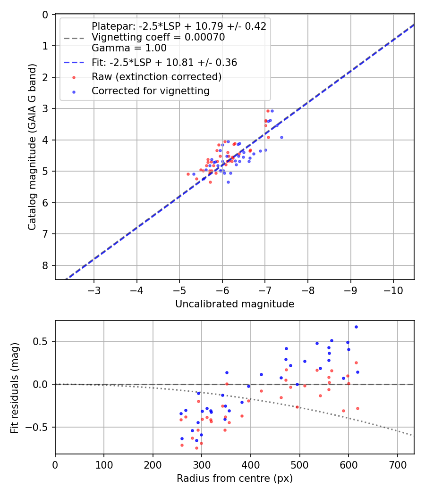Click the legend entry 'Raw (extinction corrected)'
(x=156, y=76)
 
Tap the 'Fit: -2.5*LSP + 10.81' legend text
(x=164, y=62)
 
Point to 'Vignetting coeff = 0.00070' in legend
(x=158, y=37)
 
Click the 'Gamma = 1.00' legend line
(x=129, y=48)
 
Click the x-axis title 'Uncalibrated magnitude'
(x=235, y=304)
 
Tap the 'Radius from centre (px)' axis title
(x=235, y=478)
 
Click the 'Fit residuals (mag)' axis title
(x=15, y=387)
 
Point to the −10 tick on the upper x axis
(x=393, y=288)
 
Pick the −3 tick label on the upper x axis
(x=94, y=288)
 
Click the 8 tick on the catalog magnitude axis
(x=45, y=265)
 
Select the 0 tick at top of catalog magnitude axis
(x=45, y=15)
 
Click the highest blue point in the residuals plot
(x=356, y=327)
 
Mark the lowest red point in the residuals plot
(x=196, y=448)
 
